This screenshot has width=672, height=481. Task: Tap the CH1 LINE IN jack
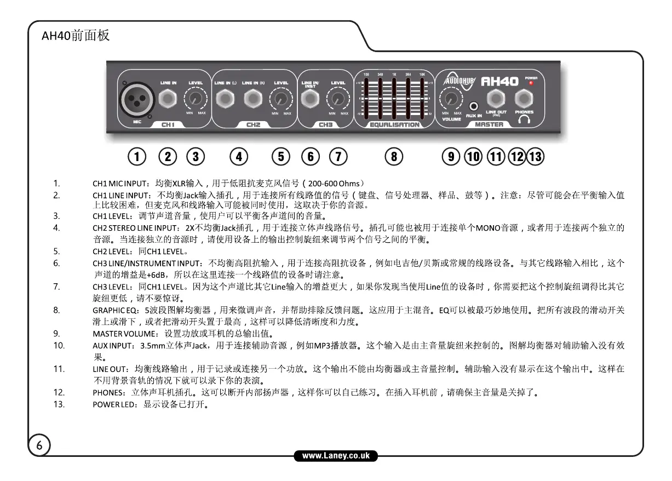[168, 99]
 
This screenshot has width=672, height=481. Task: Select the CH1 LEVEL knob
[195, 99]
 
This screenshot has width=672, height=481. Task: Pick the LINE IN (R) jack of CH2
[252, 99]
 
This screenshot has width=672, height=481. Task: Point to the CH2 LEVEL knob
[281, 99]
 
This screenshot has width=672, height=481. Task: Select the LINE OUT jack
[496, 99]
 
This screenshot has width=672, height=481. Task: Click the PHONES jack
[524, 99]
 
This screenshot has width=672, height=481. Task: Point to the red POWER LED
[531, 83]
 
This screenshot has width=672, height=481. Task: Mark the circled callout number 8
[394, 157]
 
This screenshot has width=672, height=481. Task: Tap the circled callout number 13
[535, 157]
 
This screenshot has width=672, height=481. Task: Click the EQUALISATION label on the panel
[394, 125]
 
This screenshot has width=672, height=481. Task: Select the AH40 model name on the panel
[499, 82]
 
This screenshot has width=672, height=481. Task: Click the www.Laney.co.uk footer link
[336, 455]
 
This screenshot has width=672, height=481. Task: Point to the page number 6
[39, 445]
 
